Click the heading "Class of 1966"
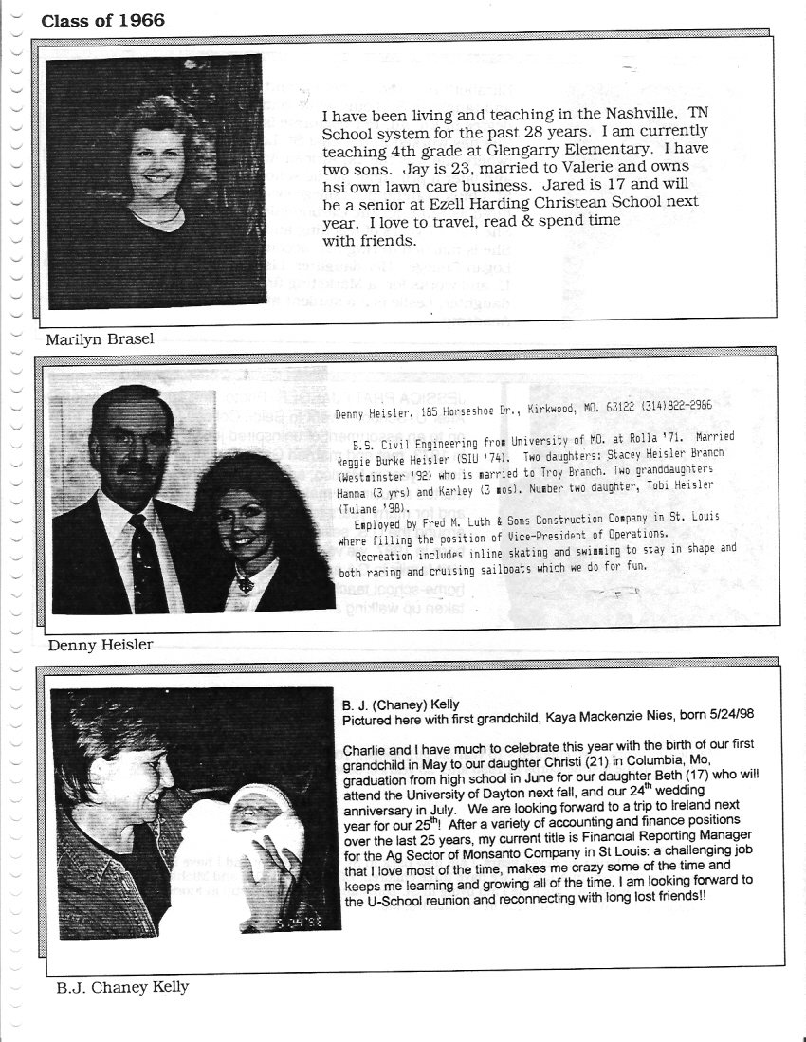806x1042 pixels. point(102,20)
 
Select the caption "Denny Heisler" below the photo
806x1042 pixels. point(99,645)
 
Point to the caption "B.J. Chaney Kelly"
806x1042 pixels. point(122,987)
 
